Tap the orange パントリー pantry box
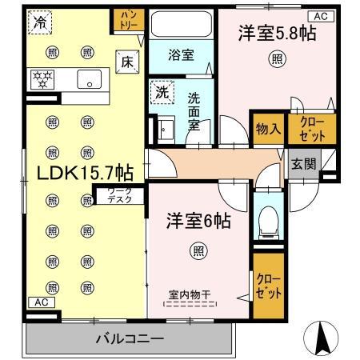click(x=129, y=20)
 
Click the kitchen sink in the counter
click(x=88, y=78)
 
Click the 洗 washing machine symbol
click(x=161, y=92)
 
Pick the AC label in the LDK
click(x=38, y=302)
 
